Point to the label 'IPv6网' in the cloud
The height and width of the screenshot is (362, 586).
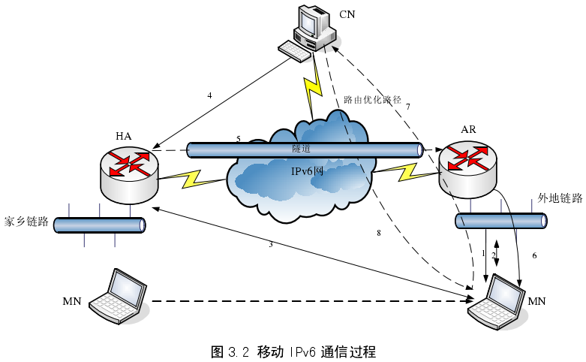click(x=307, y=171)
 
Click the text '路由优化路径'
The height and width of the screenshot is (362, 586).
click(x=373, y=99)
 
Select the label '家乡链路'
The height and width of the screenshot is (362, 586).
click(x=26, y=222)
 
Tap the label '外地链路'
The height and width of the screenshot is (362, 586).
click(x=560, y=199)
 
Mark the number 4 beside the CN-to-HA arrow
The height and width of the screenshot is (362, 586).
click(x=210, y=95)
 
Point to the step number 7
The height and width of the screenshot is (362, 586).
click(x=407, y=107)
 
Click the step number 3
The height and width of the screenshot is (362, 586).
click(x=270, y=244)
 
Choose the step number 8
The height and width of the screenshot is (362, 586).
click(x=379, y=234)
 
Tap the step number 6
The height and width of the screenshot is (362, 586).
click(x=534, y=255)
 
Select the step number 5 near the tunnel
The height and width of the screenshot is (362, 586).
click(x=238, y=139)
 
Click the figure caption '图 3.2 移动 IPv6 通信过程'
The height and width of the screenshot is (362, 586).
click(x=293, y=351)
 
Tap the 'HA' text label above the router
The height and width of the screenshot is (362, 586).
click(x=124, y=135)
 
